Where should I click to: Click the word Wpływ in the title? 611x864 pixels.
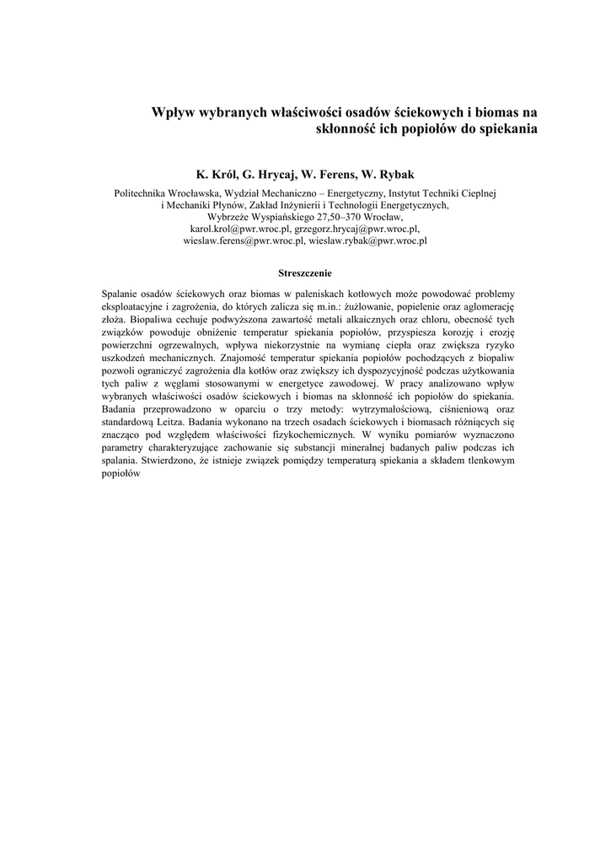click(x=173, y=111)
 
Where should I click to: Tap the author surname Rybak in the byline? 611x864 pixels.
click(x=396, y=175)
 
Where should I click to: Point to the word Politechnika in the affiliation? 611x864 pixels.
click(x=142, y=193)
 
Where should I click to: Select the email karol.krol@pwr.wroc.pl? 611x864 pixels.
click(x=240, y=229)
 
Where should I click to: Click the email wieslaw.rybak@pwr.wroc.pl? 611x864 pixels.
click(x=367, y=240)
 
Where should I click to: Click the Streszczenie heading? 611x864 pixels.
click(x=305, y=273)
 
